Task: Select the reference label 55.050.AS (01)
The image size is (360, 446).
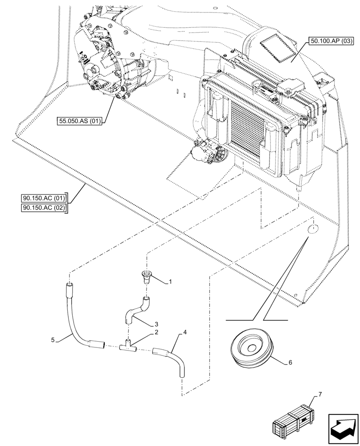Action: pos(79,120)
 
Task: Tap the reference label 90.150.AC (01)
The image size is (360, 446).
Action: pos(43,198)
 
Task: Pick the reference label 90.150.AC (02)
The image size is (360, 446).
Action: pos(43,208)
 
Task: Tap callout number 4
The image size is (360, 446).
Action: pos(184,332)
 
